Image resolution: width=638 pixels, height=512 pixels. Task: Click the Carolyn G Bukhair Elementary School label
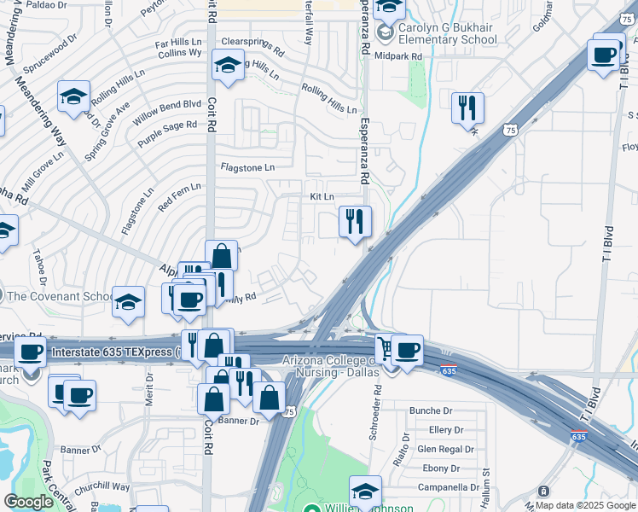449,33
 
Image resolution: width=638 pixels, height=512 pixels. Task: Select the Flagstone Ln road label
247,168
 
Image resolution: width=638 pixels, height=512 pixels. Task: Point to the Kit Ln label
322,197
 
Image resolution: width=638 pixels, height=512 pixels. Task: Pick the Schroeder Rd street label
375,414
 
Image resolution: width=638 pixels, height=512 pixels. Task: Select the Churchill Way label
102,488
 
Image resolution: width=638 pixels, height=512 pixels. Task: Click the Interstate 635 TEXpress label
111,351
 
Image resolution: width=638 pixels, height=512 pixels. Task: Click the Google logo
28,502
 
